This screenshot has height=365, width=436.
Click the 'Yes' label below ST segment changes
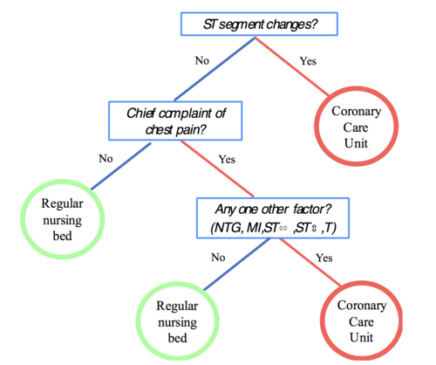pos(309,62)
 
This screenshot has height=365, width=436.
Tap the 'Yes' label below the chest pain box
pos(227,161)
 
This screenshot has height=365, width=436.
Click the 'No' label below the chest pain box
pos(106,159)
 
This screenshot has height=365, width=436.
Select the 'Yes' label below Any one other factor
pos(324,258)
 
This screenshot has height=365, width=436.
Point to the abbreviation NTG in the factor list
pos(227,228)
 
